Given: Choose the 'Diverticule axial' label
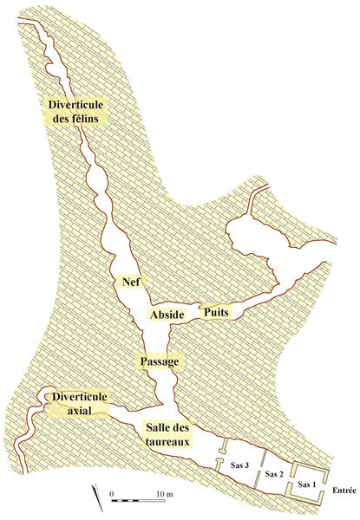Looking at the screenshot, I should click(79, 404).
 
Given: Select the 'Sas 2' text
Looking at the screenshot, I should click(274, 474).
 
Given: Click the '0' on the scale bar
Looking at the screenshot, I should click(113, 493).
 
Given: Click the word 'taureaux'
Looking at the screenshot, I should click(169, 440).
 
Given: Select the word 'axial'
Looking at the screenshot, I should click(78, 412).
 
